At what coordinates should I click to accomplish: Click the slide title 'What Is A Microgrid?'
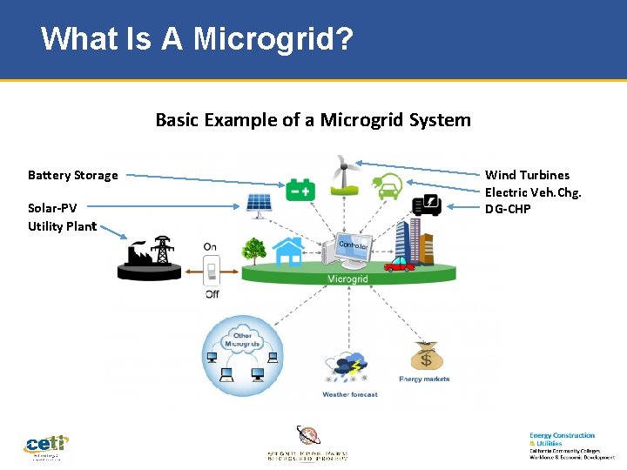click(x=197, y=39)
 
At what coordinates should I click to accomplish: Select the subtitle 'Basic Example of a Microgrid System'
click(x=313, y=120)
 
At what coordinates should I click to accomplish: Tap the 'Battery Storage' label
click(x=73, y=175)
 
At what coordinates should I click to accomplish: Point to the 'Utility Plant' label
click(x=62, y=226)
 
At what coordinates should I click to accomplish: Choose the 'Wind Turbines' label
click(x=527, y=175)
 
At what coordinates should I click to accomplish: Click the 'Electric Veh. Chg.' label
click(x=532, y=192)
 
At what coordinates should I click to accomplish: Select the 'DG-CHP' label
click(x=508, y=209)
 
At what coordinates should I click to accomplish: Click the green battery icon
click(x=300, y=189)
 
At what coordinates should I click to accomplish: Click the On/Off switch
click(x=211, y=272)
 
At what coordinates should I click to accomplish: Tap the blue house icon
click(x=287, y=251)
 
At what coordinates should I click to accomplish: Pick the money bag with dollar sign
click(x=425, y=357)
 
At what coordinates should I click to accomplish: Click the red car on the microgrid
click(x=399, y=263)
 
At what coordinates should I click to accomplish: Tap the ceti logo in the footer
click(x=46, y=446)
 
